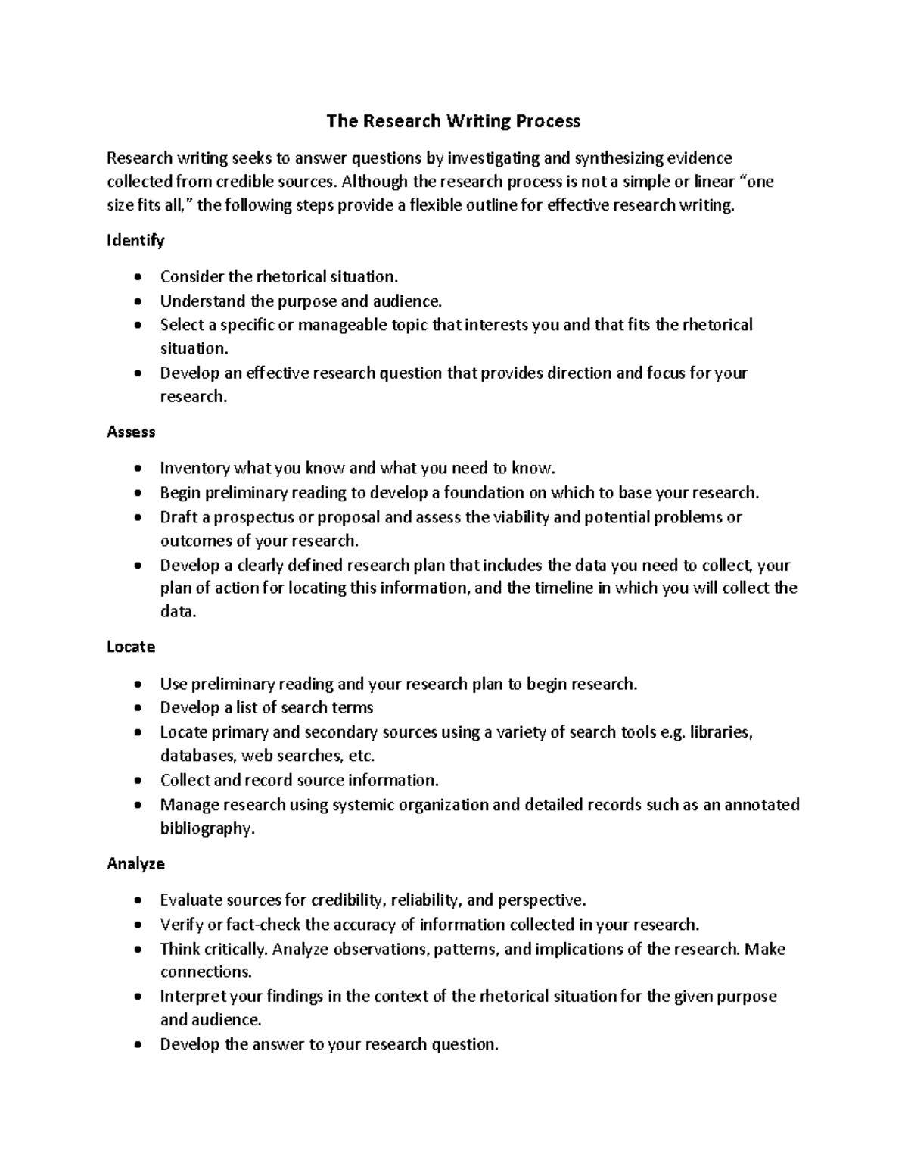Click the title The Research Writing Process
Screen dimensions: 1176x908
pos(453,121)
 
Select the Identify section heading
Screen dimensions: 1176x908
pos(135,241)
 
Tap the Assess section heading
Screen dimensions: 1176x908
pos(131,432)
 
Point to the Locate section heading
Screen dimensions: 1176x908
pos(131,647)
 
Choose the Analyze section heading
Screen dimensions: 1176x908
pos(135,863)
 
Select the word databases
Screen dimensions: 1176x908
pos(198,756)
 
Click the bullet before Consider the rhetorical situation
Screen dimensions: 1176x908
pos(137,278)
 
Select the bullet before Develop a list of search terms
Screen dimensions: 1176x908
pos(137,709)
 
